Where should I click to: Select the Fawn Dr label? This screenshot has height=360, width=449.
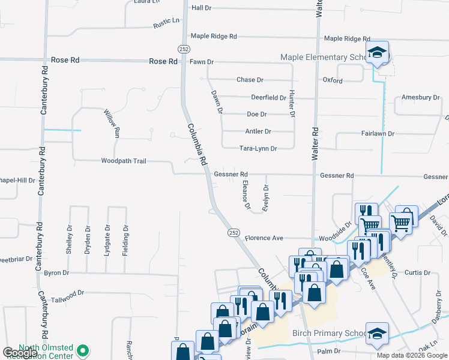[202, 62]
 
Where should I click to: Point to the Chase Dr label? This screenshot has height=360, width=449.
[250, 80]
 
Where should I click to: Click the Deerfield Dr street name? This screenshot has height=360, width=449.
[268, 97]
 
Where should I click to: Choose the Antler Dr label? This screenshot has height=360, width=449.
[258, 131]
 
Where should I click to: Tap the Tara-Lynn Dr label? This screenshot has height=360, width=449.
[258, 148]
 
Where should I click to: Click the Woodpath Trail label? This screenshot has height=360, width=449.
[124, 161]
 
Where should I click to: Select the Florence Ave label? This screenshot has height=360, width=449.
[264, 238]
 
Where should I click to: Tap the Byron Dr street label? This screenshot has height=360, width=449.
[56, 273]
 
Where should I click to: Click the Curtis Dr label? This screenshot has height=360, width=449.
[418, 272]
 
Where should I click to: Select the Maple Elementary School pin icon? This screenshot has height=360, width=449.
[377, 53]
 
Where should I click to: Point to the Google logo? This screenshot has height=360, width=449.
[20, 353]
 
